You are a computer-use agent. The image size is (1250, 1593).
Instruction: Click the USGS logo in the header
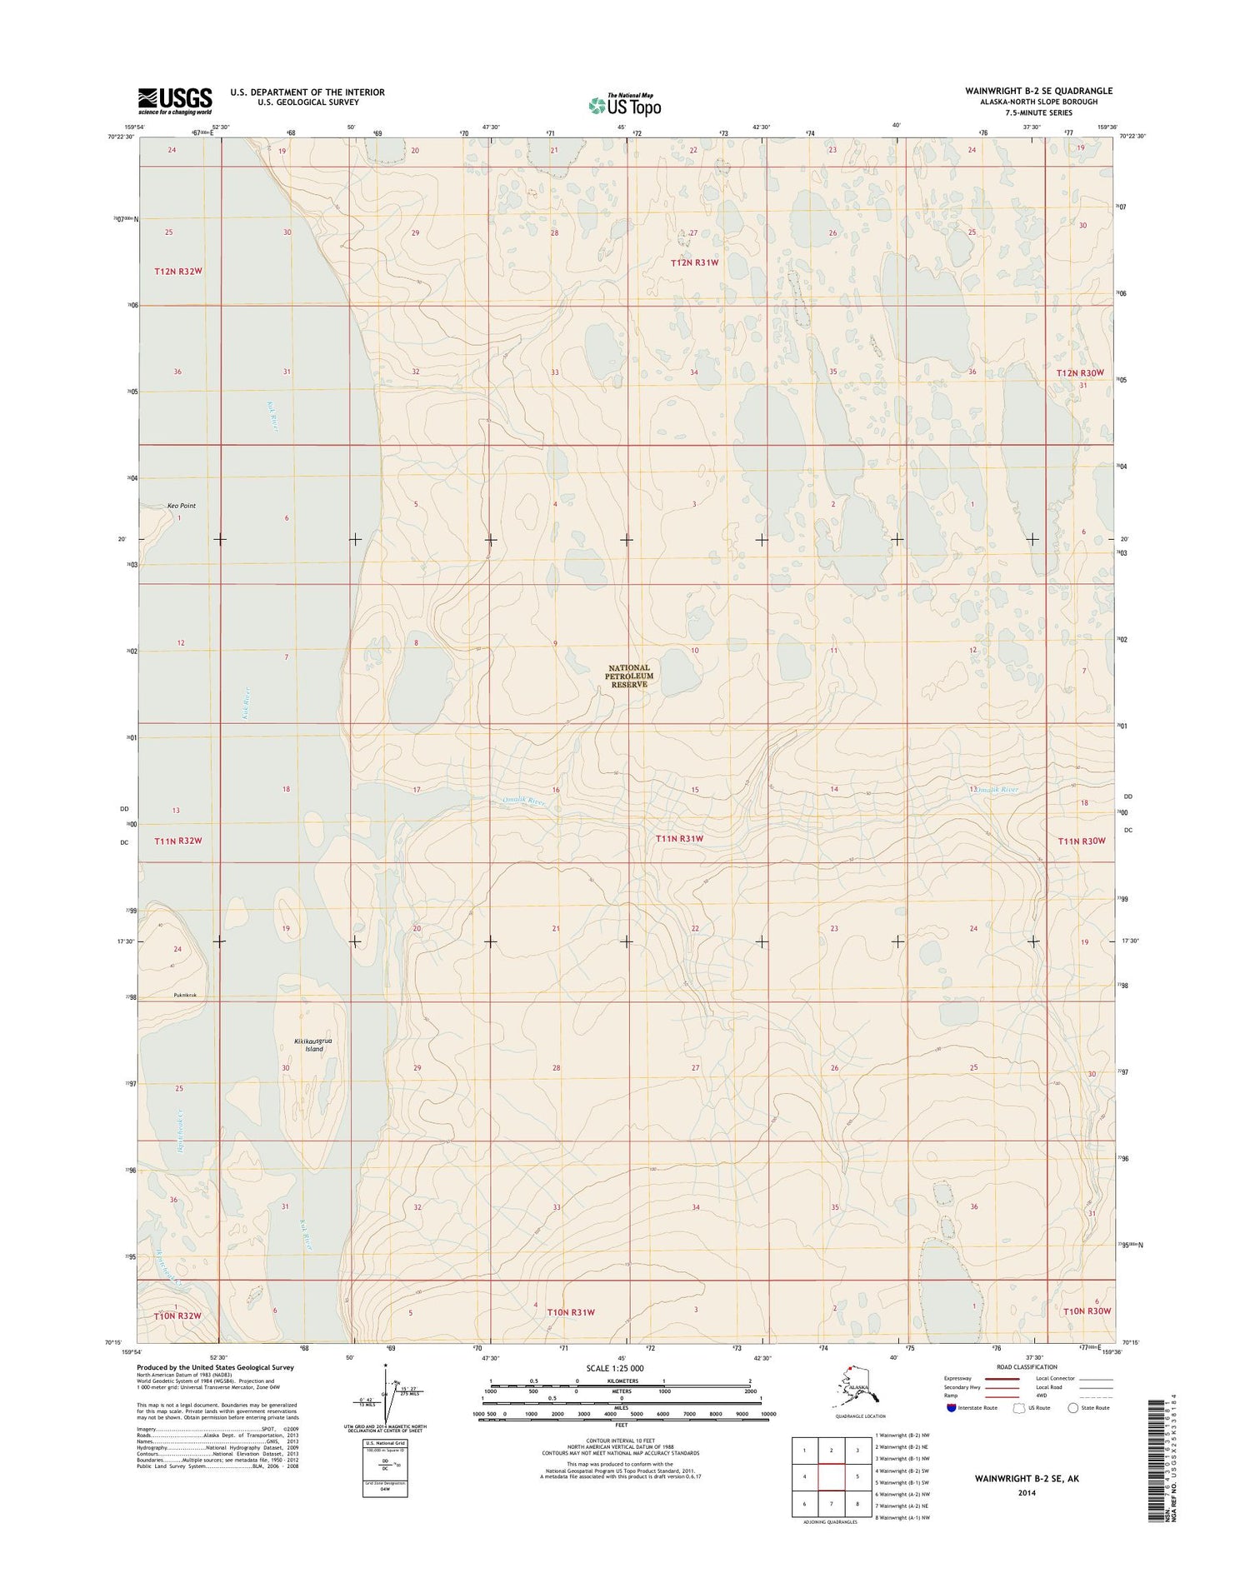coord(174,100)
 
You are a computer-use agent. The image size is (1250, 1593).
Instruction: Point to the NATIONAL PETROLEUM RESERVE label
coord(628,676)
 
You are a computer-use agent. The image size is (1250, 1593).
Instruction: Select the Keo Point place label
coord(181,506)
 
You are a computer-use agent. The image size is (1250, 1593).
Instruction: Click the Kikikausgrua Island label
coord(313,1045)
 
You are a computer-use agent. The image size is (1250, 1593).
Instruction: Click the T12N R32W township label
coord(178,272)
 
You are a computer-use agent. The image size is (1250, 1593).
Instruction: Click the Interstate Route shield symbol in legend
coord(951,1408)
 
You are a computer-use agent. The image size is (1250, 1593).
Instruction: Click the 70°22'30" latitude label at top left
coord(121,137)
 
